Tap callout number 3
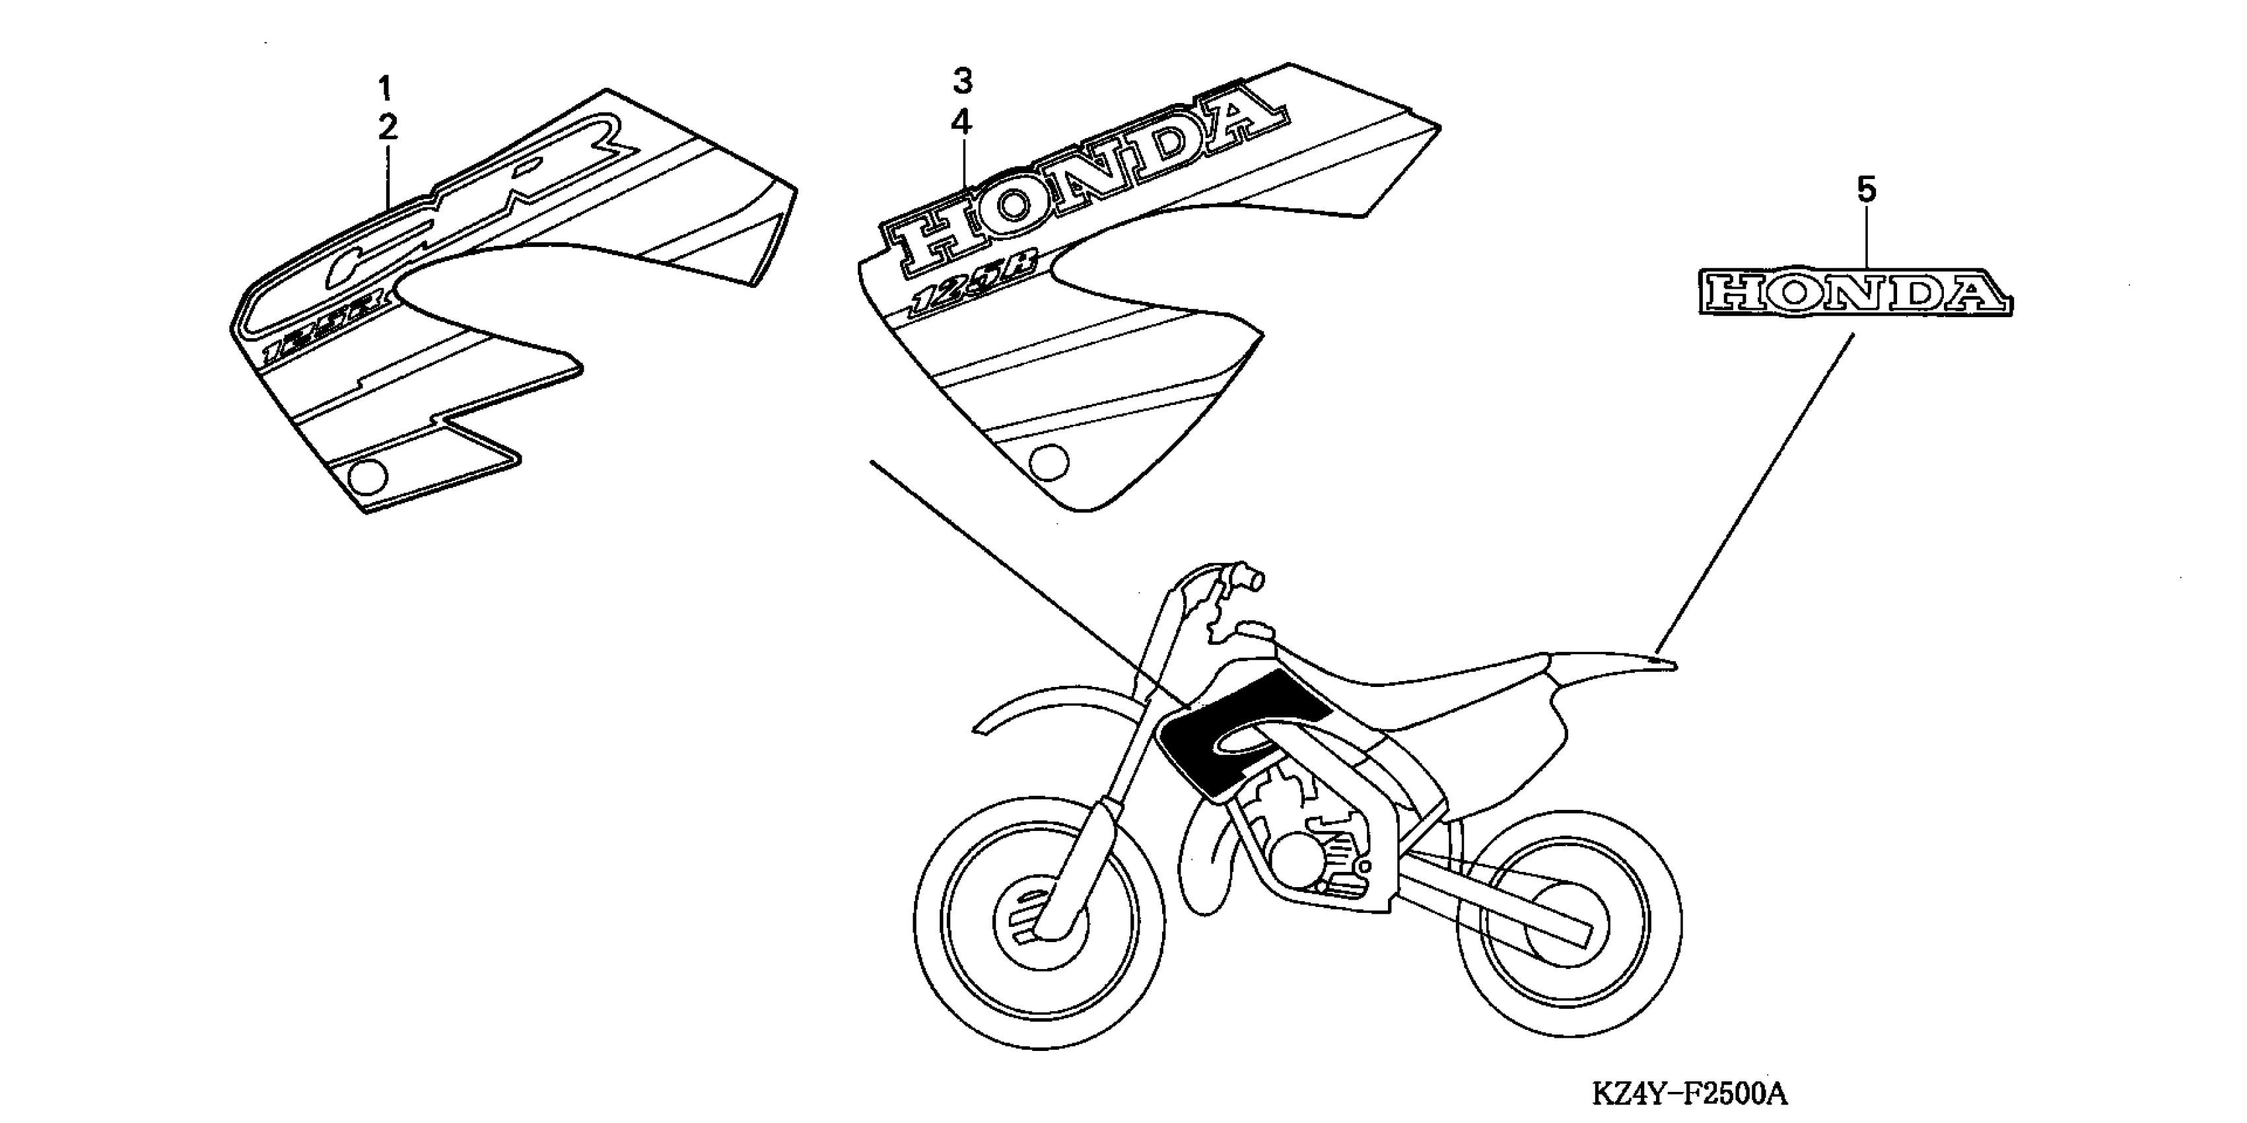961,82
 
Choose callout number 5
1866,190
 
